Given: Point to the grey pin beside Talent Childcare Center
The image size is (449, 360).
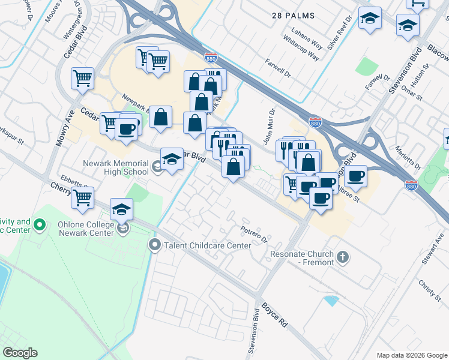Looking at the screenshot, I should pyautogui.click(x=155, y=245).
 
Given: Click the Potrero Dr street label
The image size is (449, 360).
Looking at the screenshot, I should pyautogui.click(x=253, y=233).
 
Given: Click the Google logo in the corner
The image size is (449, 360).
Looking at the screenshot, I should pyautogui.click(x=20, y=353).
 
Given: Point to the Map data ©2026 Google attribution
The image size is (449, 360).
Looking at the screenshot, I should pyautogui.click(x=411, y=355).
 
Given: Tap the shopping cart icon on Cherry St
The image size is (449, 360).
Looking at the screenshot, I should pyautogui.click(x=83, y=197).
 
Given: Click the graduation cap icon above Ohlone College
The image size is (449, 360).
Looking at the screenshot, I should pyautogui.click(x=122, y=209).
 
